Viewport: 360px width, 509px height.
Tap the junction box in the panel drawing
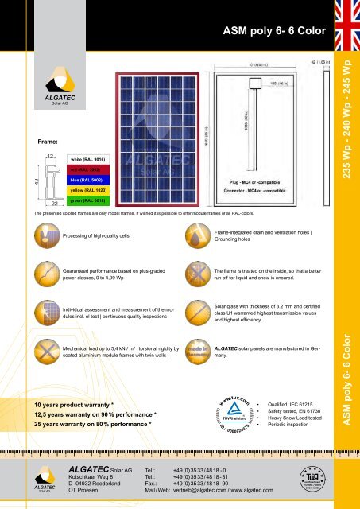(256, 82)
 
